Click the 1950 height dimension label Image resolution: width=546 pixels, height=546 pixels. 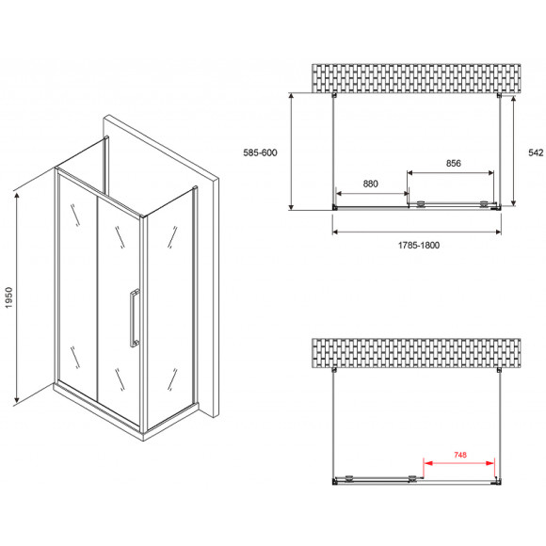point(8,297)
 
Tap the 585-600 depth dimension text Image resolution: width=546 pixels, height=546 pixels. point(260,153)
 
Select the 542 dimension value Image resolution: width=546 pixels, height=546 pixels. point(536,153)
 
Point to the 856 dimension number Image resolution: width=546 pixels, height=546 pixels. point(454,163)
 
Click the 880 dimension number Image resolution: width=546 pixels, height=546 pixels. point(370,184)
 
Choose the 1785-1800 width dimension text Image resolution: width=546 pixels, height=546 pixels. point(419,245)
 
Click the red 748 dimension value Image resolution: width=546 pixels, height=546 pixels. point(460,455)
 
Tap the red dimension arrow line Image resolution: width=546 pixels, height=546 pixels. point(458,463)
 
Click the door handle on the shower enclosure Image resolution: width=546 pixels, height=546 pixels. point(135,318)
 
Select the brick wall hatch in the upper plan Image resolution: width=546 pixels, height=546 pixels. point(416,78)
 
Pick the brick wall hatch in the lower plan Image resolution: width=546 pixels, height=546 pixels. point(416,353)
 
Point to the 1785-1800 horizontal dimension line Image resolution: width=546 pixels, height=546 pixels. point(417,232)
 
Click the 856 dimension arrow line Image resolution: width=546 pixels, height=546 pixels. point(451,172)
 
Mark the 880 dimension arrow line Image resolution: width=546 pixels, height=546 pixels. point(372,193)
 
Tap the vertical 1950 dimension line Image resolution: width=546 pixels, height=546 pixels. point(16,298)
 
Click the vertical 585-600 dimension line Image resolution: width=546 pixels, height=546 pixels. point(292,152)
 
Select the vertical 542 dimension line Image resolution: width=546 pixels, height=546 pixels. point(513,151)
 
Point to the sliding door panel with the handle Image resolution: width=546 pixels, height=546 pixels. point(119,307)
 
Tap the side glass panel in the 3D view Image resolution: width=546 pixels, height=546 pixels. point(169,307)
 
